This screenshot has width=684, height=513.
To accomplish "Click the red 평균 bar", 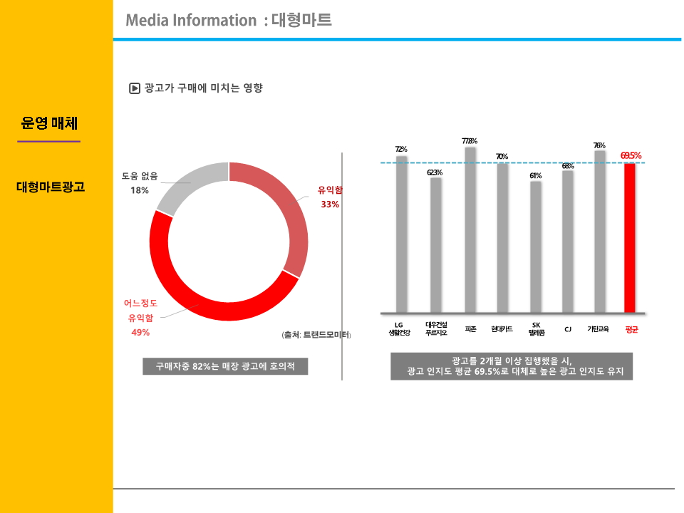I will coord(629,238).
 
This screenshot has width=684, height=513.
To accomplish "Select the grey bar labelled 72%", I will coord(402,234).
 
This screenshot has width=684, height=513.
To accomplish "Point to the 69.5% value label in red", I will coord(631,155).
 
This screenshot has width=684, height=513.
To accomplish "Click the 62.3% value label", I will coord(435,172).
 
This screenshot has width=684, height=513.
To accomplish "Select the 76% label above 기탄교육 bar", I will coord(599,145).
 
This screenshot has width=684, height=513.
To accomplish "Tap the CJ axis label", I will coord(568,329).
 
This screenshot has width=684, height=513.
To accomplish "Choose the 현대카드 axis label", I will coord(502,329).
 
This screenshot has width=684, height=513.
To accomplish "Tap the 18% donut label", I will coord(140,190).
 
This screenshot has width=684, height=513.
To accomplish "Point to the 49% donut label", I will coord(140,332).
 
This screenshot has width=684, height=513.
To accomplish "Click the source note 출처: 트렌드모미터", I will coord(317,334).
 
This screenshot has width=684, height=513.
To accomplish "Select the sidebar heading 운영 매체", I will coord(49,123).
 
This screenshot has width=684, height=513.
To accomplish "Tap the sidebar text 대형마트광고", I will coord(51,187).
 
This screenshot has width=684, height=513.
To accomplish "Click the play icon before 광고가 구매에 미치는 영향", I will coord(134,88).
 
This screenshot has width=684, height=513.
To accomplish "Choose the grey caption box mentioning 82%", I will coord(225,367).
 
